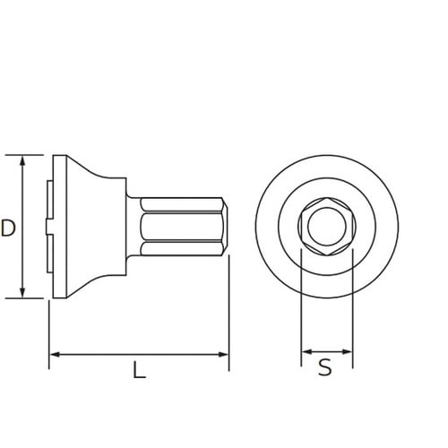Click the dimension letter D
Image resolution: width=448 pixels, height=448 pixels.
tap(8, 228)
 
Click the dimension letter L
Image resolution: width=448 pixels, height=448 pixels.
tap(139, 369)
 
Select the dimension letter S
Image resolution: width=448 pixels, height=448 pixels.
tap(326, 366)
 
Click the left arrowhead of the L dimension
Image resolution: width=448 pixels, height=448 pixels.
tap(54, 355)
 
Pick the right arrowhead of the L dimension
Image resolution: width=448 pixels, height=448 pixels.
tap(224, 355)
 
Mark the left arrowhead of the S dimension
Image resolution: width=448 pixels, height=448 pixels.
tap(306, 350)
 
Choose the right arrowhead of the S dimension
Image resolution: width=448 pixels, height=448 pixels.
tap(347, 350)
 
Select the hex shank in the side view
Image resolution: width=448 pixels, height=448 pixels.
tap(179, 227)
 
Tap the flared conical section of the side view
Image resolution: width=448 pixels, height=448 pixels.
tap(94, 227)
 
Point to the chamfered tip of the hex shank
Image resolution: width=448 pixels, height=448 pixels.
tap(226, 227)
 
